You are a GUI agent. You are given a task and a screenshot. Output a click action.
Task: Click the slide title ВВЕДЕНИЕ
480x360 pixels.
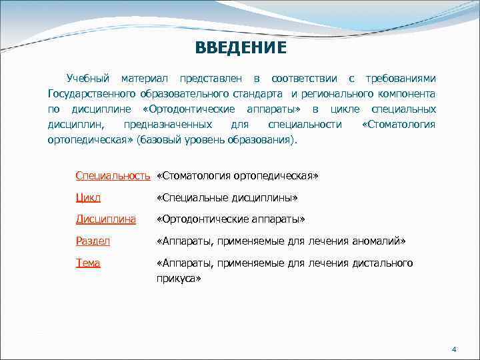(241, 49)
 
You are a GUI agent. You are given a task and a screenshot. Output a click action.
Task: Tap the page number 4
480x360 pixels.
(453, 349)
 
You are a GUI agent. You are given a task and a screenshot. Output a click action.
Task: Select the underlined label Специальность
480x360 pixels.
(113, 176)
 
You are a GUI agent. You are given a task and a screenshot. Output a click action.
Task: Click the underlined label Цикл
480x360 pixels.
(88, 198)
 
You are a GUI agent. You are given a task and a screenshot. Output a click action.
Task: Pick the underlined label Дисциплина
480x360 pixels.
(106, 219)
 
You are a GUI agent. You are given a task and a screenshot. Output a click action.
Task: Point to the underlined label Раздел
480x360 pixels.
(93, 241)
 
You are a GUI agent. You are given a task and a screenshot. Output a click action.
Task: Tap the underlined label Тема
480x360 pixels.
(88, 263)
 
